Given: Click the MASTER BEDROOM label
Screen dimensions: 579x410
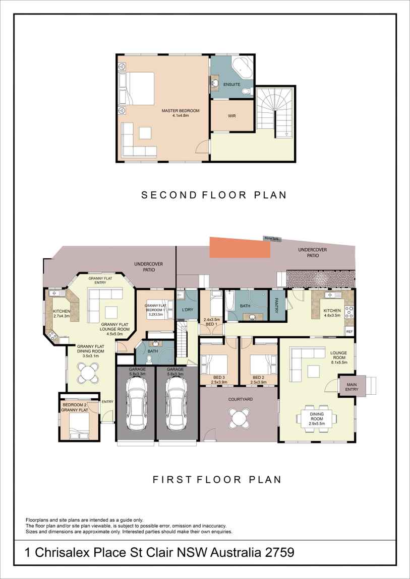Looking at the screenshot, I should pos(181,111).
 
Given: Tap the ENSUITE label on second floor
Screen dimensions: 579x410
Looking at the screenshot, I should pos(232,85).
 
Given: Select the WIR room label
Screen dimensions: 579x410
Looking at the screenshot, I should pos(232,116).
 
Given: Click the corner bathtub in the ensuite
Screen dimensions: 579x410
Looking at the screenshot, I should pos(243,67).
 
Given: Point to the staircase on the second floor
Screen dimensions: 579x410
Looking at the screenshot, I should pos(275,112).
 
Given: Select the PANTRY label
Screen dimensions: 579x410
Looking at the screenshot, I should pos(277,306).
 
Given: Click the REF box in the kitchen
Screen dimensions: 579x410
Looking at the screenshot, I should pos(349,331).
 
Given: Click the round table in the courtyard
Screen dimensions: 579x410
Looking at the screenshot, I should pos(239,417).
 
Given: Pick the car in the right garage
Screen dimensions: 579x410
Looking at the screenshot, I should pos(175,403).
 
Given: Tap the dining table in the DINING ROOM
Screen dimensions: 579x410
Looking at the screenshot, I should pos(316,417).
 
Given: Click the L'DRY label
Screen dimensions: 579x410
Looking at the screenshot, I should pos(187,310).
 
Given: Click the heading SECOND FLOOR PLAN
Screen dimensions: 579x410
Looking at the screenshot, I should pos(214,194).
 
